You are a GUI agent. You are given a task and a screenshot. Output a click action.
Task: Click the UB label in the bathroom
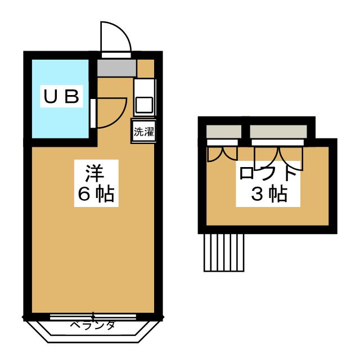pyautogui.click(x=60, y=97)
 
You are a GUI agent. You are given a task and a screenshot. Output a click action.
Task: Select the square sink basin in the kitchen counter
pyautogui.click(x=144, y=105)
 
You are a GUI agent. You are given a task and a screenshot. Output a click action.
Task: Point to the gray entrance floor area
pyautogui.click(x=116, y=68)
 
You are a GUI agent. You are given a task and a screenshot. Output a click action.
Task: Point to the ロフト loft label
pyautogui.click(x=267, y=172)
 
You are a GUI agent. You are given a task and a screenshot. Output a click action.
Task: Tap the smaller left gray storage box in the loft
pyautogui.click(x=223, y=132)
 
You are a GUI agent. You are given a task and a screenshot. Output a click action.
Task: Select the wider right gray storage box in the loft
pyautogui.click(x=278, y=132)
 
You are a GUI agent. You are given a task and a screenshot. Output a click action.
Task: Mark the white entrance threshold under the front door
pyautogui.click(x=116, y=55)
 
